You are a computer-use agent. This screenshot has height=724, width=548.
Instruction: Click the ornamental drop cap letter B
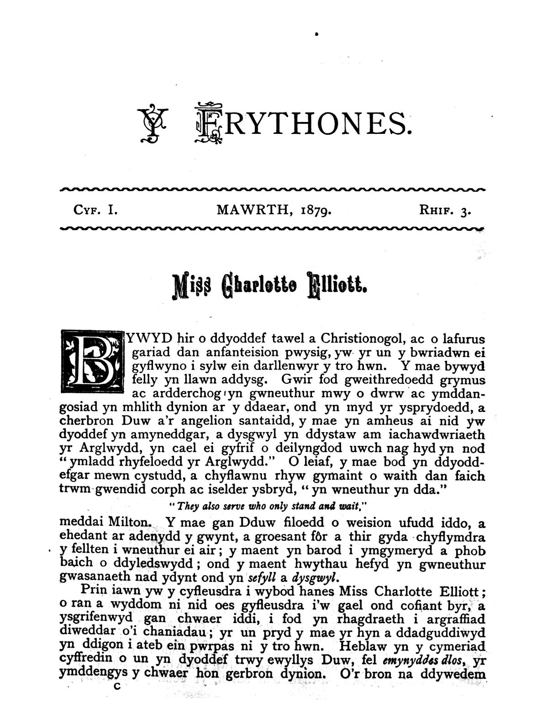tap(92, 361)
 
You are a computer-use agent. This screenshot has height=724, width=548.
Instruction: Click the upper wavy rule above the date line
tap(273, 189)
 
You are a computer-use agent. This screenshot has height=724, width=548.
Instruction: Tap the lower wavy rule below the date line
tap(273, 228)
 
